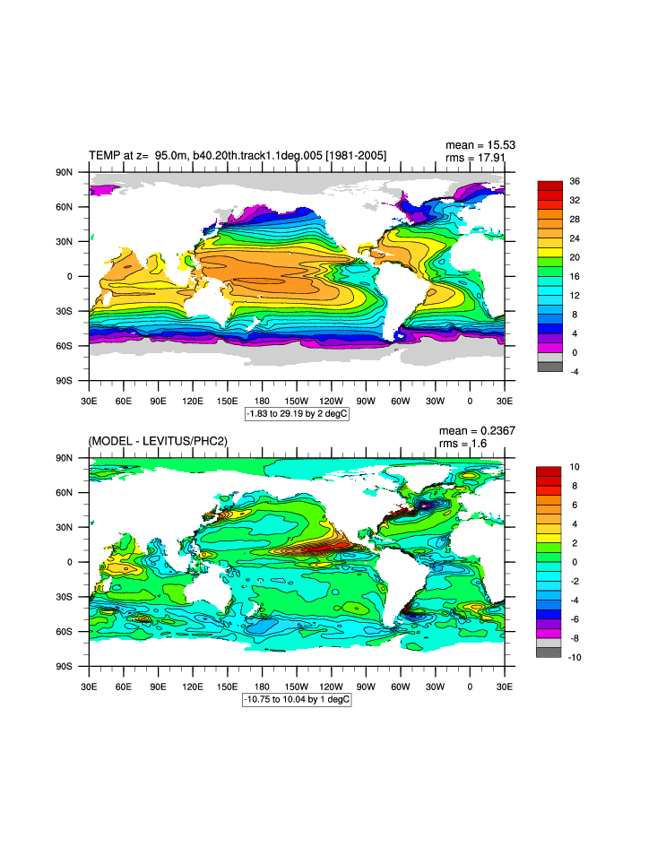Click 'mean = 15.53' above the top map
(480, 145)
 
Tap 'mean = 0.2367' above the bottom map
(476, 431)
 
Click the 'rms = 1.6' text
(465, 445)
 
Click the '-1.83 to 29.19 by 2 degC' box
(297, 414)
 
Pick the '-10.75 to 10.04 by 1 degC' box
(297, 699)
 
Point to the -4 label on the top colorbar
(574, 371)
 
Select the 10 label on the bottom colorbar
(574, 467)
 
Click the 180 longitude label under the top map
(262, 400)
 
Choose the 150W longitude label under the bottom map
(297, 686)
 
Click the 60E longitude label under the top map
(123, 400)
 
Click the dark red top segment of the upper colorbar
(549, 185)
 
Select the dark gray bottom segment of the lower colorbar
(549, 653)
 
